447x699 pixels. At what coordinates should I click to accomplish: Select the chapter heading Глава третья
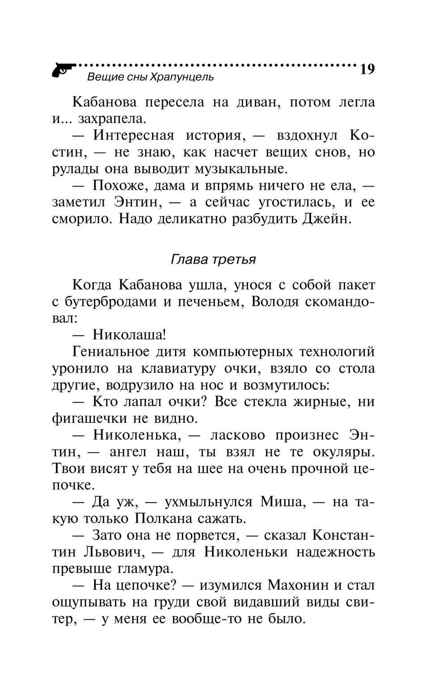[x=213, y=260]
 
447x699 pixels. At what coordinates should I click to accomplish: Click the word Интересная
[x=133, y=136]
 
